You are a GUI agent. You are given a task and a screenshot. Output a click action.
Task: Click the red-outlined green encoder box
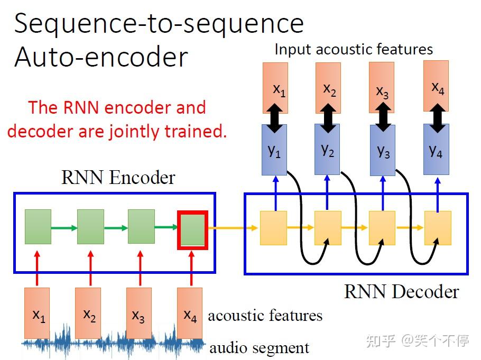[x=192, y=230]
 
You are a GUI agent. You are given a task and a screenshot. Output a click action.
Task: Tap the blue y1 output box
[x=274, y=150]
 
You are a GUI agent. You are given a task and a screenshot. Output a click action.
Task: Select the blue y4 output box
[x=436, y=150]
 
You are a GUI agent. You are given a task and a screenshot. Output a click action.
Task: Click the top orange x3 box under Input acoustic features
[x=382, y=87]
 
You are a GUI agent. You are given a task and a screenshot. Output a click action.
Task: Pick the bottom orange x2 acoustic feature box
[x=88, y=313]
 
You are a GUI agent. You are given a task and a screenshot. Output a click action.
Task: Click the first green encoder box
[x=38, y=227]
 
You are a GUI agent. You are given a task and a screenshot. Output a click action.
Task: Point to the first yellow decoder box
[x=273, y=228]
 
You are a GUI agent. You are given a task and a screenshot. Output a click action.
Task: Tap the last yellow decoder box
[x=438, y=228]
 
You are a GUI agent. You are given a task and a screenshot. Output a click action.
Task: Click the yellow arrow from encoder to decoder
[x=233, y=228]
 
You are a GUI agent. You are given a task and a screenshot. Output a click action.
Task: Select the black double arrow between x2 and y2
[x=328, y=118]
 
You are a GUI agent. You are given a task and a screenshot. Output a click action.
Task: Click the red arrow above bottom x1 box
[x=37, y=268]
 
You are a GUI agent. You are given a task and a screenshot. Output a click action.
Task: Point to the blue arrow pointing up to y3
[x=383, y=193]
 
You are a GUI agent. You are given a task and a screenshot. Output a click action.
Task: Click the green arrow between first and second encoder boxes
[x=64, y=228]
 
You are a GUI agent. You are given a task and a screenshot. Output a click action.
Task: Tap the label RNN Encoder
[x=118, y=178]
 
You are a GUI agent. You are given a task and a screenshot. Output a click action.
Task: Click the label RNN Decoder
[x=402, y=291]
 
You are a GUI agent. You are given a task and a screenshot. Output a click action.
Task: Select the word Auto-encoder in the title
[x=101, y=57]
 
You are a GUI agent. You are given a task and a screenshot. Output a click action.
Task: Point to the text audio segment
[x=259, y=348]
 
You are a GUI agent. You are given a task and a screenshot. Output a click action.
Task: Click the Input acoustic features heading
[x=354, y=49]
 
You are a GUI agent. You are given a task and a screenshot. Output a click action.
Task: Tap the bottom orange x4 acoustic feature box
[x=190, y=313]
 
